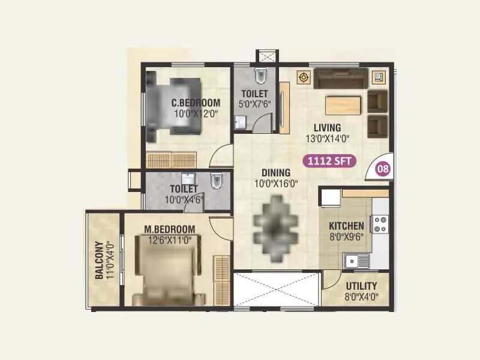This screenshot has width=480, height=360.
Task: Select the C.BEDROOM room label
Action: coord(196,103)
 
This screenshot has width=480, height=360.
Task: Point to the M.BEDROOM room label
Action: coord(170,229)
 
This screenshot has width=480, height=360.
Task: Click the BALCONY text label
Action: coord(99,260)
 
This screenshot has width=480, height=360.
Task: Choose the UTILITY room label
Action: coord(362,286)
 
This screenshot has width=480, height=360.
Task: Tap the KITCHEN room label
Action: coord(346,226)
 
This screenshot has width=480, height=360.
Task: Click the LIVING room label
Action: coord(326,128)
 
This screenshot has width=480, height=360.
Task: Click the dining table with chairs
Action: coord(275,220)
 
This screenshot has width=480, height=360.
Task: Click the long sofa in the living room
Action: coord(341,79)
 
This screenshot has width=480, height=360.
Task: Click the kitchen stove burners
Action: coord(380,224)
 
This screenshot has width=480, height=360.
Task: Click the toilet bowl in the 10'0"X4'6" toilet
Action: coord(217,179)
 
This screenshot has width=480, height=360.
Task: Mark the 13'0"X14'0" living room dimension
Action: coord(326,138)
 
